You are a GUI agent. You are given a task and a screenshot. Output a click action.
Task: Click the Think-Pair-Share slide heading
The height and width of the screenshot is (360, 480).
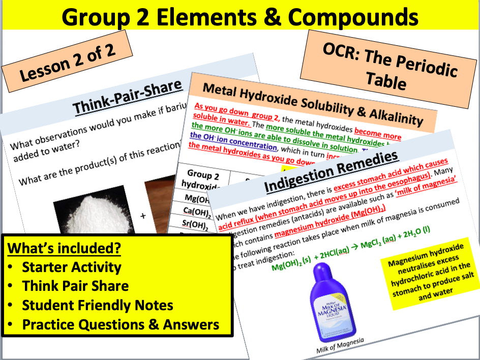point(127,98)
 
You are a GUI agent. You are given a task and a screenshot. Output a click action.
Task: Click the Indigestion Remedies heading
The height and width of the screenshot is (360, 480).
point(331,172)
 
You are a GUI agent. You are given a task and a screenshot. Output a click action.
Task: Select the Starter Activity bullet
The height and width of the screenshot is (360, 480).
point(71,267)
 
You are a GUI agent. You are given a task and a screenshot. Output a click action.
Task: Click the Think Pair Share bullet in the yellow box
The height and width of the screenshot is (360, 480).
point(75,286)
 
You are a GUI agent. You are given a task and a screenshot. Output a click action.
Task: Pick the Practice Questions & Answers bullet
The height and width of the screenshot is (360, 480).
point(121,324)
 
